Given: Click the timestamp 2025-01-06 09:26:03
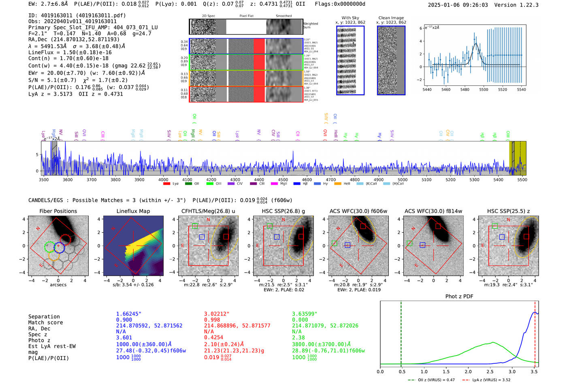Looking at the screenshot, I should [x=458, y=5].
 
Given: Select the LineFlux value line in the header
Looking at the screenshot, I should [x=70, y=52].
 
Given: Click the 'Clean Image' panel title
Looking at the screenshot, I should [x=391, y=18].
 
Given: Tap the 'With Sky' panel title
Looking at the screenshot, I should [x=350, y=18].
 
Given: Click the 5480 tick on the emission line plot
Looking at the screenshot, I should [x=465, y=90].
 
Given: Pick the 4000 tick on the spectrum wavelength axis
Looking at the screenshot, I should [x=163, y=180].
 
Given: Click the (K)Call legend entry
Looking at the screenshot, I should [x=371, y=184].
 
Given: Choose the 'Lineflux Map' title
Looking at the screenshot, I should [x=133, y=211].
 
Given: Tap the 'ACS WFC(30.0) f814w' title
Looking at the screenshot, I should [x=433, y=211].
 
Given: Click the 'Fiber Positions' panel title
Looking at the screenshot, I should [x=58, y=211].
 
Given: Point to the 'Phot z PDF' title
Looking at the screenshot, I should [x=459, y=296].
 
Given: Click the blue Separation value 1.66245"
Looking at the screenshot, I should [x=128, y=314].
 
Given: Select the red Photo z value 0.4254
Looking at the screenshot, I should [x=214, y=337].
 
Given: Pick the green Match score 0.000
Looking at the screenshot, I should [x=300, y=320].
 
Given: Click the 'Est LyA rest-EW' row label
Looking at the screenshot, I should [x=52, y=346].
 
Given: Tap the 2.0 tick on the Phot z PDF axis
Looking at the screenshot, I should [x=468, y=371].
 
